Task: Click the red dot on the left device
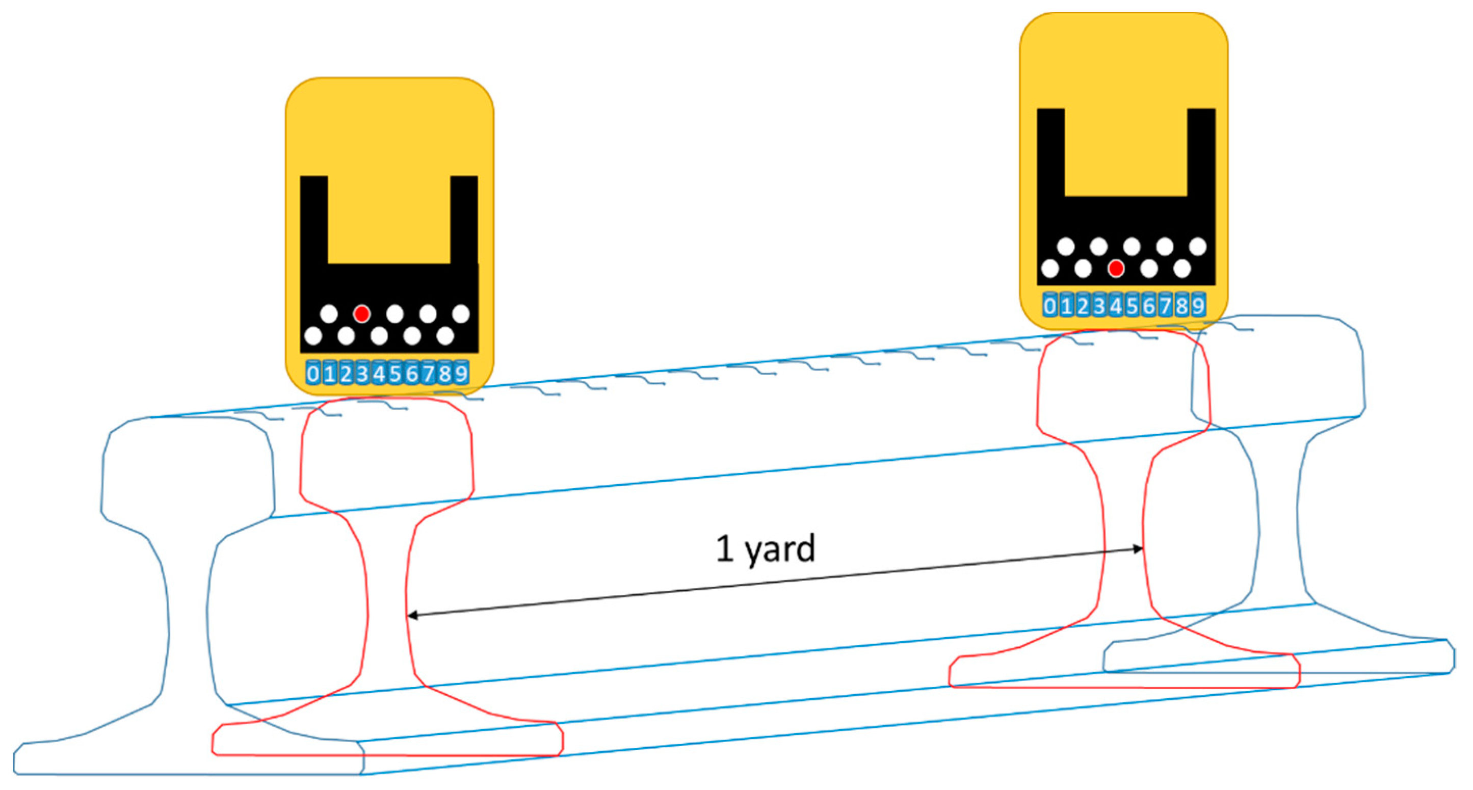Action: (x=361, y=313)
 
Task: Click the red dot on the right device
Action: (x=1116, y=268)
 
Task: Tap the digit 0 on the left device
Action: (x=313, y=373)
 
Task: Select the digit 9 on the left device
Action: (x=461, y=373)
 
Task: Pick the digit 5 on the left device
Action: (x=395, y=373)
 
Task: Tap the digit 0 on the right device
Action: (x=1050, y=306)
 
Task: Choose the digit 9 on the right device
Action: (x=1198, y=306)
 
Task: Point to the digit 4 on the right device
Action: (x=1116, y=306)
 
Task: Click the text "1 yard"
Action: (x=765, y=549)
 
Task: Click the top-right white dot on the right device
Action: (x=1198, y=246)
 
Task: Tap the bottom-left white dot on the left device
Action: (x=313, y=335)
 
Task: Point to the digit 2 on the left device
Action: (x=346, y=373)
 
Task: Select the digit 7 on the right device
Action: (x=1165, y=306)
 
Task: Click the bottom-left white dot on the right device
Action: (x=1050, y=268)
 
